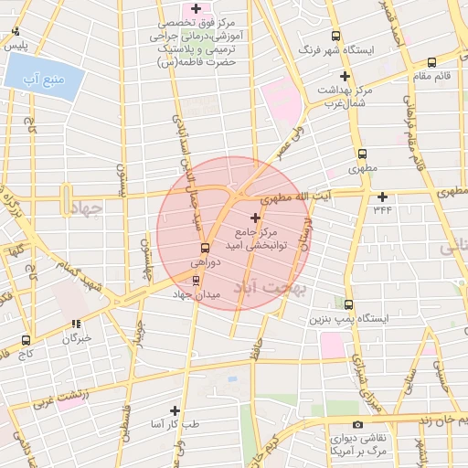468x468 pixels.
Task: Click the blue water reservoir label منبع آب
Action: pos(46,80)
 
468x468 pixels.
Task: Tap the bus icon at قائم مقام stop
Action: pos(431,62)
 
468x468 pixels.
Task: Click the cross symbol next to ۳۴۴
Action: pos(382,196)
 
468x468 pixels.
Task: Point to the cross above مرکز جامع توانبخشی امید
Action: pos(255,218)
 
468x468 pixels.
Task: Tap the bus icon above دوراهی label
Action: pos(205,248)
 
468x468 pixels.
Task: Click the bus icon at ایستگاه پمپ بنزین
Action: pos(348,304)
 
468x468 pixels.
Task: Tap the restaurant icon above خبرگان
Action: pos(77,323)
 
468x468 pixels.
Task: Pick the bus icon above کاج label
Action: pos(24,339)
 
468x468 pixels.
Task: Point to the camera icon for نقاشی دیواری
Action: pos(357,424)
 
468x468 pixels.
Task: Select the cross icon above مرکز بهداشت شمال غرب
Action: pos(345,76)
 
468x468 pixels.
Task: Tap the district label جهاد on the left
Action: pos(87,208)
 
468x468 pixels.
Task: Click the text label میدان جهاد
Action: pos(194,295)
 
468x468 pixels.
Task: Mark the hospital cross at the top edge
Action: pos(196,8)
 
